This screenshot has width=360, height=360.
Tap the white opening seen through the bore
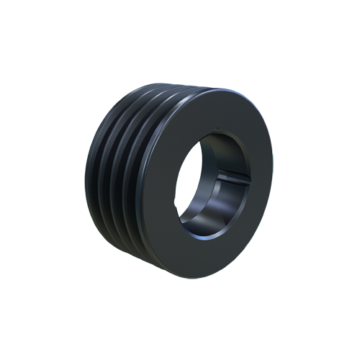(x=216, y=180)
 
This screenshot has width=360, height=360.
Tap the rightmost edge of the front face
(x=272, y=180)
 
